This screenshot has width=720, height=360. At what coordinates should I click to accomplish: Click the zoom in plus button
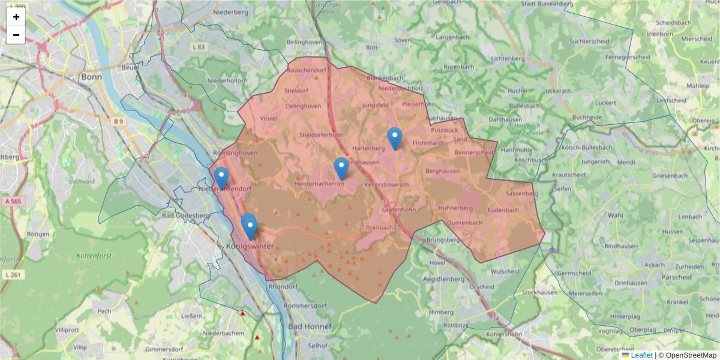click(x=16, y=17)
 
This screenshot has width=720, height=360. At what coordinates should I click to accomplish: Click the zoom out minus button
click(x=16, y=35)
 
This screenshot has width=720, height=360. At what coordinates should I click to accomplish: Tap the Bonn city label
click(x=92, y=77)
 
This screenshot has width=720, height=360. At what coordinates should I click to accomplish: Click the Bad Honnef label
click(x=310, y=326)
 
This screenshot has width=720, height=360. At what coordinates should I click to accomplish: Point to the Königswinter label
click(x=250, y=247)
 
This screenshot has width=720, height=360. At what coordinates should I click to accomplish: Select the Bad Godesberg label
click(x=185, y=215)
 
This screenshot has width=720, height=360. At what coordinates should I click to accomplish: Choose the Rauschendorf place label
click(x=307, y=70)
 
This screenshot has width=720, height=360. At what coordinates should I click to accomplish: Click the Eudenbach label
click(x=503, y=210)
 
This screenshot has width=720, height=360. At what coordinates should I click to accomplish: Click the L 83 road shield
click(x=199, y=47)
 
